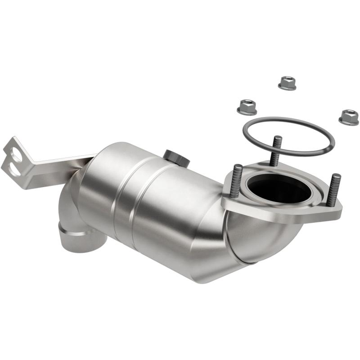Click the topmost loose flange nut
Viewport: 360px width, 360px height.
click(287, 83)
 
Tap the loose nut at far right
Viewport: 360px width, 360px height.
click(348, 117)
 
